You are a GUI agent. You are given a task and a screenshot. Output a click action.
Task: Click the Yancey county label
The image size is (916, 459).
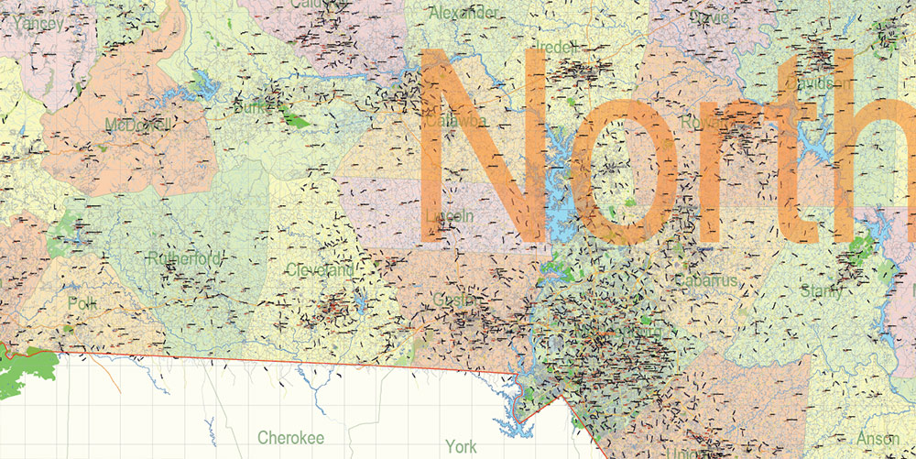click(38, 23)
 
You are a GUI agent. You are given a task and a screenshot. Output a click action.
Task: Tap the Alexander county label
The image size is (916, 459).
click(465, 13)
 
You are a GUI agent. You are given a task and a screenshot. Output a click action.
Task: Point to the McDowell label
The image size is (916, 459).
click(138, 125)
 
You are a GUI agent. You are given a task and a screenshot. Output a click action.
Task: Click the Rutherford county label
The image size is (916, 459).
click(183, 259)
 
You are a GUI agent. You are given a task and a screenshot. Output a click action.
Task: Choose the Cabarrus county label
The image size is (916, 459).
click(706, 280)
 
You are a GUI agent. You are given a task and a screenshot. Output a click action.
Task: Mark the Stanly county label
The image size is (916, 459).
click(821, 292)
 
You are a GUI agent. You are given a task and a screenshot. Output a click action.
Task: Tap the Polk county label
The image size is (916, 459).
click(82, 302)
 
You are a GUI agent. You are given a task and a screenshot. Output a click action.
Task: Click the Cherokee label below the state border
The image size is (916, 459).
click(290, 438)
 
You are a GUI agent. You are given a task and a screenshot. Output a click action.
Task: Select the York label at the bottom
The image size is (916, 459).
click(460, 446)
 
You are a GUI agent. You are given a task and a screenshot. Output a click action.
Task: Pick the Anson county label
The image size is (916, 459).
click(877, 439)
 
